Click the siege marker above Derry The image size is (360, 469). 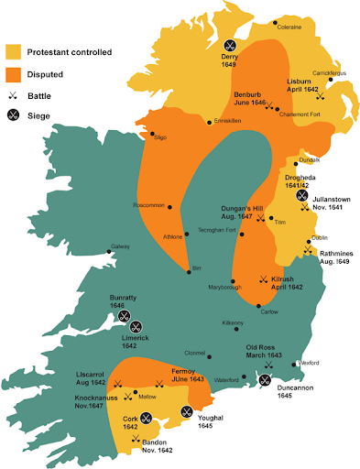pyautogui.click(x=230, y=44)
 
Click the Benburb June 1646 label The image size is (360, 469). pyautogui.click(x=249, y=98)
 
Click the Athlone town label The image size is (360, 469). pyautogui.click(x=173, y=237)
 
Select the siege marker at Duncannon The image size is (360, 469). pyautogui.click(x=265, y=380)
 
